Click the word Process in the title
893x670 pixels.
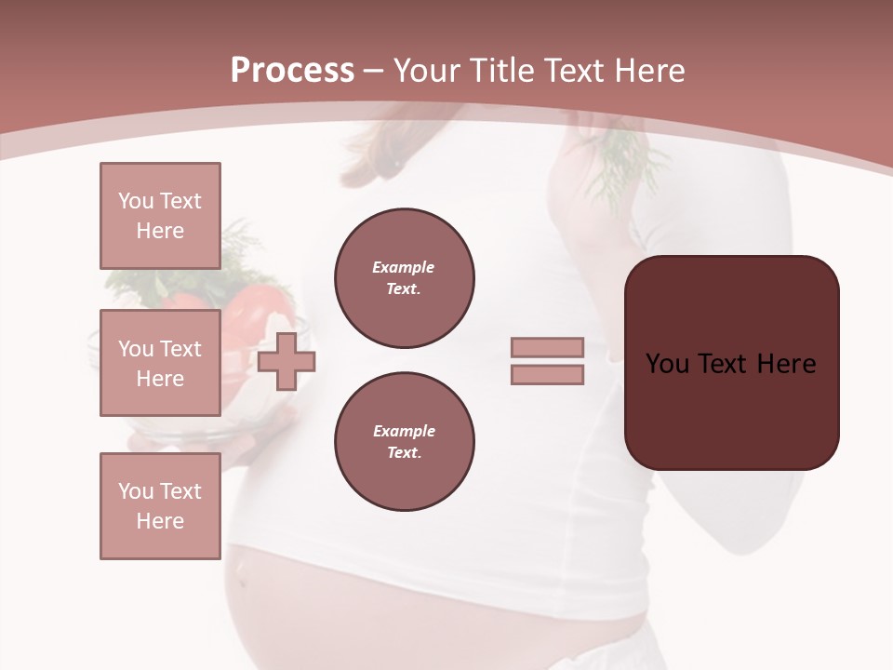(x=292, y=70)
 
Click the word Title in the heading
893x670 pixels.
(x=501, y=70)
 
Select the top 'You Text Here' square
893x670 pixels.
(x=160, y=216)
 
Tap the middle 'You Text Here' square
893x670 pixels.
(x=160, y=363)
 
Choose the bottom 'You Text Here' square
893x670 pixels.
(x=160, y=506)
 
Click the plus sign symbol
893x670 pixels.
(x=287, y=361)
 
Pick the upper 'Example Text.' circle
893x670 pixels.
(x=405, y=278)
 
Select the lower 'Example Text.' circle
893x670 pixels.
(x=405, y=442)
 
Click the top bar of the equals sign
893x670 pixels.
(x=547, y=347)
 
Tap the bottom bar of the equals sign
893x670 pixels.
(x=547, y=375)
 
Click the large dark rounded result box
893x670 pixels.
(x=731, y=409)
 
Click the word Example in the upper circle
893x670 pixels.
(x=403, y=267)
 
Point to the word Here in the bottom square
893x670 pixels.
(x=160, y=521)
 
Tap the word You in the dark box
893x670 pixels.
(x=667, y=364)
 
